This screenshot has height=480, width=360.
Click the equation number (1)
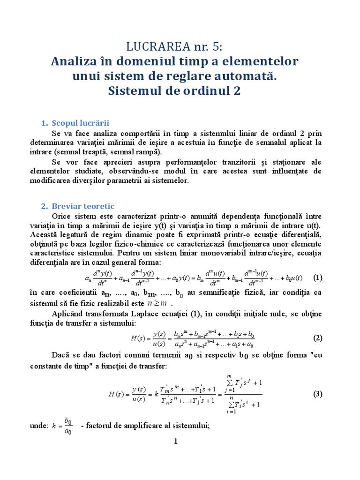coord(318,277)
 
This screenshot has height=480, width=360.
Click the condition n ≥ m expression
coord(157,303)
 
